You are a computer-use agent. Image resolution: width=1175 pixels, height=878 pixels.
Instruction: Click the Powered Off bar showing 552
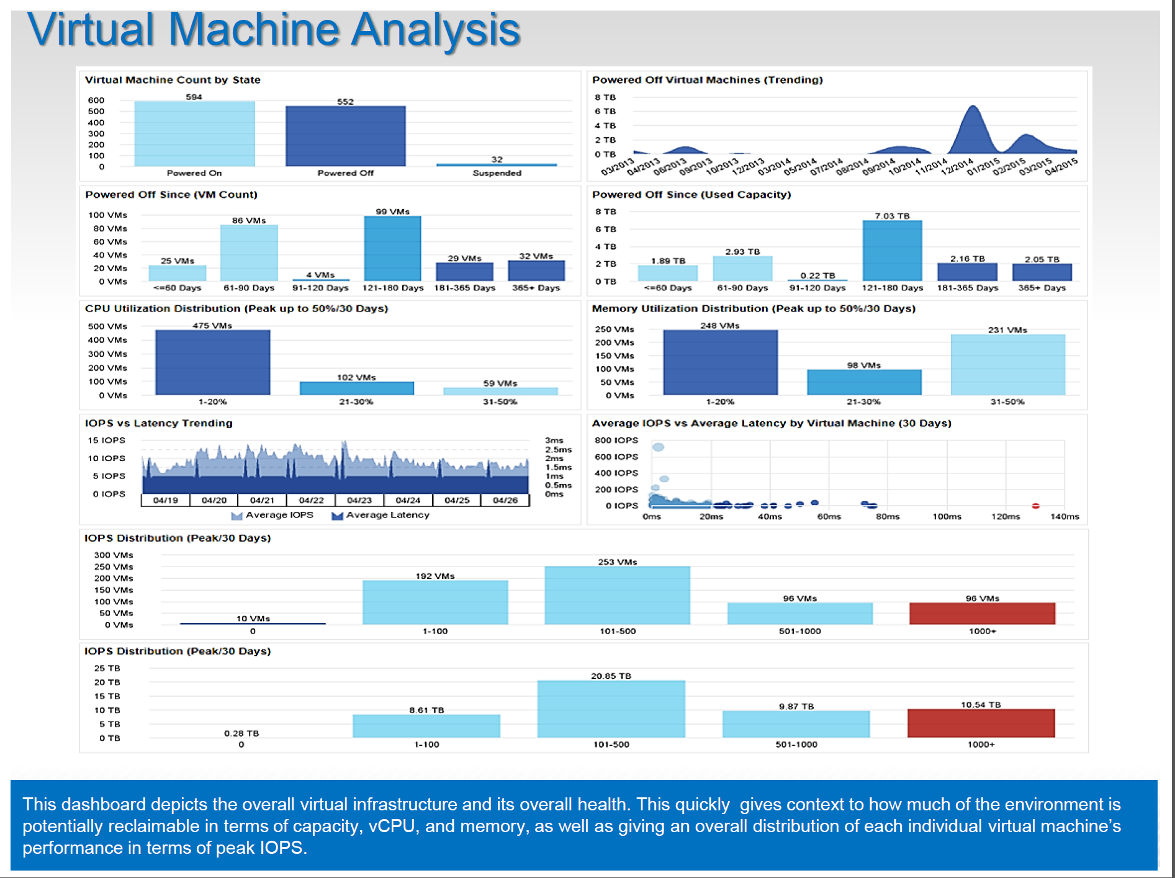(x=345, y=136)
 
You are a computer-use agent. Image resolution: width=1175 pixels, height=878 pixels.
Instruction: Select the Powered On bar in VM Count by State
(x=194, y=133)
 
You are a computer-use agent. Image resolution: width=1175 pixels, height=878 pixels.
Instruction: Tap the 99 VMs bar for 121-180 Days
(x=392, y=248)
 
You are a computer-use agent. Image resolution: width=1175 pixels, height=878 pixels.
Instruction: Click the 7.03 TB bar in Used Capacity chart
(x=892, y=251)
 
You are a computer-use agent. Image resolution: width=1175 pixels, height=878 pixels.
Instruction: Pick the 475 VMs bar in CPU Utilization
(x=212, y=362)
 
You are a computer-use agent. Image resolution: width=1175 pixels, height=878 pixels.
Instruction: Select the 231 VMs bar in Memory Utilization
(x=1007, y=365)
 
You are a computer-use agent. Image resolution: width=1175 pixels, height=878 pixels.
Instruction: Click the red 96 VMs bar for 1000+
(x=982, y=613)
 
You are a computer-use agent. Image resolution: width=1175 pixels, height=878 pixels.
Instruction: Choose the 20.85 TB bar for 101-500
(x=611, y=709)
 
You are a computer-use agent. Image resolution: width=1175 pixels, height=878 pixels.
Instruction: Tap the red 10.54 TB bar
(x=981, y=723)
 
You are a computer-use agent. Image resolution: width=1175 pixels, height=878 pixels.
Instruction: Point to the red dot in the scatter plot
(x=1035, y=506)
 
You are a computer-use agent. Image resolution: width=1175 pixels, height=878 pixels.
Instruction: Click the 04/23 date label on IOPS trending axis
(x=359, y=500)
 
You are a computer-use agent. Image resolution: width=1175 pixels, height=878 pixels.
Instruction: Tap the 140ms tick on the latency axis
(x=1065, y=516)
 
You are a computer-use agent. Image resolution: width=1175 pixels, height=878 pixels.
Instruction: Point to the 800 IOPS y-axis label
(x=616, y=440)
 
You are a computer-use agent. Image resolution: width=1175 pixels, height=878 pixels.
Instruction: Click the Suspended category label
(x=497, y=173)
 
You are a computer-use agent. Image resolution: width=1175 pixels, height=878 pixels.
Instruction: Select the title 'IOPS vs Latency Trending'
(x=159, y=423)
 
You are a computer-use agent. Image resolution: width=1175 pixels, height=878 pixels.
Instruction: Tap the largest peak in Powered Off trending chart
(x=973, y=109)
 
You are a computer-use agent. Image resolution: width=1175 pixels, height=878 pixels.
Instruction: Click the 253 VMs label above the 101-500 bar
(x=617, y=562)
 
